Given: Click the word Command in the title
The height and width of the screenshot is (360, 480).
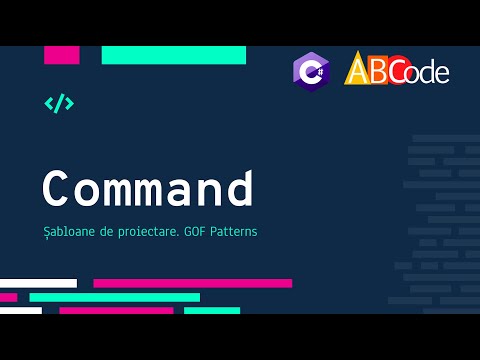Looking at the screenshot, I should [x=147, y=190].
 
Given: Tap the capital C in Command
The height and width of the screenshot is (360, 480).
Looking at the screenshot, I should [x=57, y=190].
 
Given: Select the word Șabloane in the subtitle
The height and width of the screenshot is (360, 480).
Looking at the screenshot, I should [x=68, y=232].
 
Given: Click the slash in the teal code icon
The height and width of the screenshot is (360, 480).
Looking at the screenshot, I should [x=59, y=103].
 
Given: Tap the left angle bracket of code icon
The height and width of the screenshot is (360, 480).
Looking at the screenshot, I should [x=49, y=103].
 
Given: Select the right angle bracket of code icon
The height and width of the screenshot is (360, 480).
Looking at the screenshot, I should [x=69, y=103].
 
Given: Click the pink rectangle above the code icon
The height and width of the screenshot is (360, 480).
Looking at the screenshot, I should [x=61, y=55].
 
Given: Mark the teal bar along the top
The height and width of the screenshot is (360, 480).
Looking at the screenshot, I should [x=173, y=55].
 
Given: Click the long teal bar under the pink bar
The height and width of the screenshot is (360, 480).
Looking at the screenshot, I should [x=114, y=297].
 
